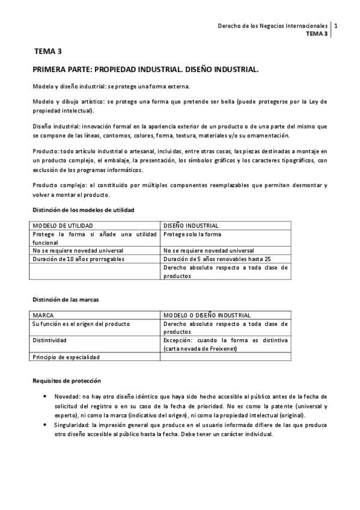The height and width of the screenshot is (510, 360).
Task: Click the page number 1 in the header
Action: point(335,26)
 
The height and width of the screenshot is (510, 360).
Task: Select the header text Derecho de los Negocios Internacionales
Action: point(272,26)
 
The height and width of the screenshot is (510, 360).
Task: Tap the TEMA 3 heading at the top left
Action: point(48,52)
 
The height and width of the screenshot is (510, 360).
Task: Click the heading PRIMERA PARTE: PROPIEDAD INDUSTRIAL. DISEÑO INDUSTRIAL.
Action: point(146,70)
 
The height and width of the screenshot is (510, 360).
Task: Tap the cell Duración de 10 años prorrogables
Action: point(79,259)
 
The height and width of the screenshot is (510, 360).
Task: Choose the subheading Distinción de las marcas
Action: point(65,299)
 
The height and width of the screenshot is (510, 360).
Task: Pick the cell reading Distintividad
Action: point(49,340)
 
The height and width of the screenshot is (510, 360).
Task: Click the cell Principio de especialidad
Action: point(66,357)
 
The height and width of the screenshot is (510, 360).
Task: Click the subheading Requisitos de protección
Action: point(67,381)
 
